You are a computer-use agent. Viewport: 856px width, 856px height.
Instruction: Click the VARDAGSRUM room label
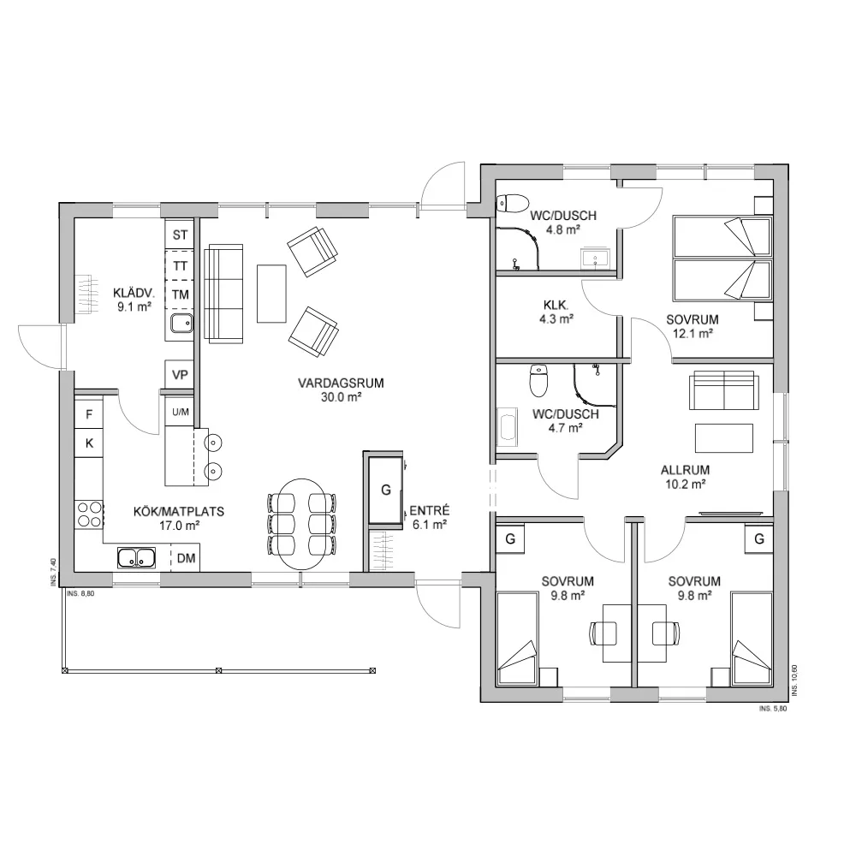[341, 383]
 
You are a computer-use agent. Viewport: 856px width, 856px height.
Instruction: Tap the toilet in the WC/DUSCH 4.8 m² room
[513, 203]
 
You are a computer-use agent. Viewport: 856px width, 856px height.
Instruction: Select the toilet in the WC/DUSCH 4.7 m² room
[538, 381]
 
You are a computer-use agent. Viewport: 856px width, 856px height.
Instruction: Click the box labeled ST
[180, 235]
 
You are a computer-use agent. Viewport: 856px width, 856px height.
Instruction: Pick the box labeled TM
[180, 294]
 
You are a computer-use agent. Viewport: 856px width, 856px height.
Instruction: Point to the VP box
[180, 375]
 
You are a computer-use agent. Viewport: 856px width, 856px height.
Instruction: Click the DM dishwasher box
[186, 558]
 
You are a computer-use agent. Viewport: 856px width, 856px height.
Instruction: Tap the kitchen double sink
[136, 558]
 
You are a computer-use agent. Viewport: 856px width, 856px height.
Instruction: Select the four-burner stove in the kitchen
[90, 514]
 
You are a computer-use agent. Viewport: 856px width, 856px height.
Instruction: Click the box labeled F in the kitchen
[89, 415]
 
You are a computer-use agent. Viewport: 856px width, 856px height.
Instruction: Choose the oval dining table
[301, 524]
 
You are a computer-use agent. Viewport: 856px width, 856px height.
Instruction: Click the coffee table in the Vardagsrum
[271, 294]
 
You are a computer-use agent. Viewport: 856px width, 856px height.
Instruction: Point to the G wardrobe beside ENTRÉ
[386, 490]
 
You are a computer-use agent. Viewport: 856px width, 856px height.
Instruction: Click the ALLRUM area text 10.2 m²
[685, 484]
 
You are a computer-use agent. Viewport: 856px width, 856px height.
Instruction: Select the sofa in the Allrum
[724, 390]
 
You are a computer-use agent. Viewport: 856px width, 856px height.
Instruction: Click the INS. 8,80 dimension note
[80, 593]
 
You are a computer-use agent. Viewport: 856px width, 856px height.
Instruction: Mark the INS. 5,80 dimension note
[773, 709]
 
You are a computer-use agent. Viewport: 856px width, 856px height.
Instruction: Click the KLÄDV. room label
[134, 292]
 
